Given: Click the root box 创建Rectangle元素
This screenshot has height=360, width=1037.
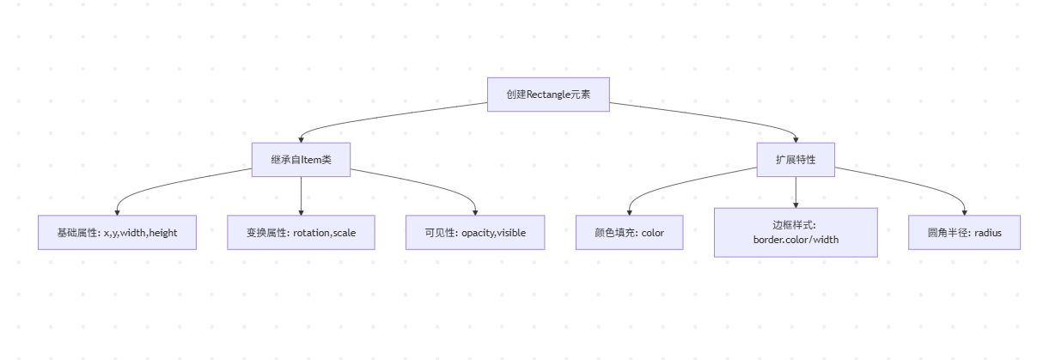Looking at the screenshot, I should (548, 95).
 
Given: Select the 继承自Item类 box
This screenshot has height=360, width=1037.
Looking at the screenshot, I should (301, 160).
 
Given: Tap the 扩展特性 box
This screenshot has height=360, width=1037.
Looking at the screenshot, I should (796, 160).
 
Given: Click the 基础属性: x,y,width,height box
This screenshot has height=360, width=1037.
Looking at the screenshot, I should (117, 233).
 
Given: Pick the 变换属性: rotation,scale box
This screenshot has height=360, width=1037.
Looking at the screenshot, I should (301, 233).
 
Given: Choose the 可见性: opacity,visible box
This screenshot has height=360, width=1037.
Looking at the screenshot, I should (475, 233).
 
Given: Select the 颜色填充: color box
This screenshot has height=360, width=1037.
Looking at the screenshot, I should (629, 233).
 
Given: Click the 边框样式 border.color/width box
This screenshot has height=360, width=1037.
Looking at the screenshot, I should (796, 232).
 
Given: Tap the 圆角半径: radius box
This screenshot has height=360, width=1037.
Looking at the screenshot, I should (964, 233).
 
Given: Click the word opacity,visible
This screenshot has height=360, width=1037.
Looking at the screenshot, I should (493, 233).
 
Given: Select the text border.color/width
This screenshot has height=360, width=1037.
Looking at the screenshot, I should (796, 240).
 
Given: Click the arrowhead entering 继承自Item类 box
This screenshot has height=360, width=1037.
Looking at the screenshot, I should (301, 139).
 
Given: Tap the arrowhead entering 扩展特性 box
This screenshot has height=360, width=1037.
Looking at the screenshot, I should (796, 139).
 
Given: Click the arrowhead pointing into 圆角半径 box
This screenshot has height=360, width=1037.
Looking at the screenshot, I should (964, 211).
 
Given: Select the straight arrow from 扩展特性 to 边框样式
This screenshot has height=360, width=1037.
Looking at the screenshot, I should (796, 191).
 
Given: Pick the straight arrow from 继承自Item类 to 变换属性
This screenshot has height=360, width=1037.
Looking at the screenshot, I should (301, 194).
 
